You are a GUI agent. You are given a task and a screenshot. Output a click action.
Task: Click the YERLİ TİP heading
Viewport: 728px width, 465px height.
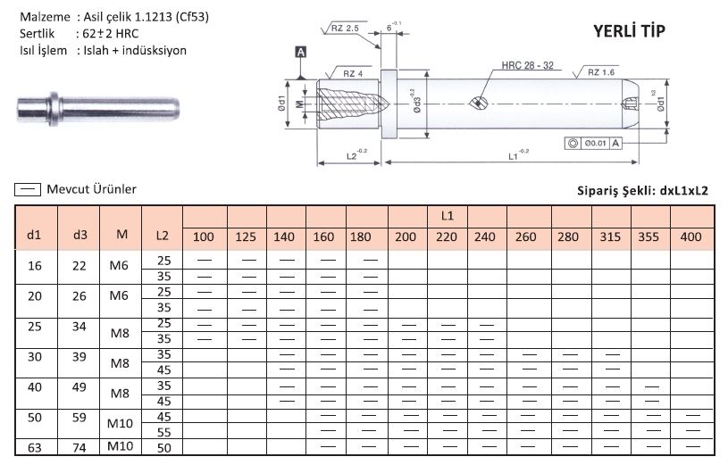click(x=629, y=31)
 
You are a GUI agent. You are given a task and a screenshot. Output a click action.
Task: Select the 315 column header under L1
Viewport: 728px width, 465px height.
click(x=610, y=237)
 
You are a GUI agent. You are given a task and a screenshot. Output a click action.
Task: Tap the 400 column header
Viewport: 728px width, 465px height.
click(x=690, y=237)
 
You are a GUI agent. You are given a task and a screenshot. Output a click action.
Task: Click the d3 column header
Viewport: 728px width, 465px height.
click(x=79, y=235)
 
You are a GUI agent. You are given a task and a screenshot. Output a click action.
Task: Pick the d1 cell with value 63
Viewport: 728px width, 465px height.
click(x=35, y=448)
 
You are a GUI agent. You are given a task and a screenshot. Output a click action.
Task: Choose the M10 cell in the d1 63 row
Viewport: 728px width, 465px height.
click(x=120, y=446)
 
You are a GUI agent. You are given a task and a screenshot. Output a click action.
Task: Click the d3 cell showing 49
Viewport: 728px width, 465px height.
click(x=79, y=387)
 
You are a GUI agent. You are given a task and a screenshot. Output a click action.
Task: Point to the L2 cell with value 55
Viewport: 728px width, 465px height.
click(x=163, y=433)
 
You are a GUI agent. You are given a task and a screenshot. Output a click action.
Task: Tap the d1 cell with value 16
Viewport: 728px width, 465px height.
click(x=35, y=266)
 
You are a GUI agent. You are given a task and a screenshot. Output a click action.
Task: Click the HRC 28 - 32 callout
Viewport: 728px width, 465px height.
click(x=527, y=65)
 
